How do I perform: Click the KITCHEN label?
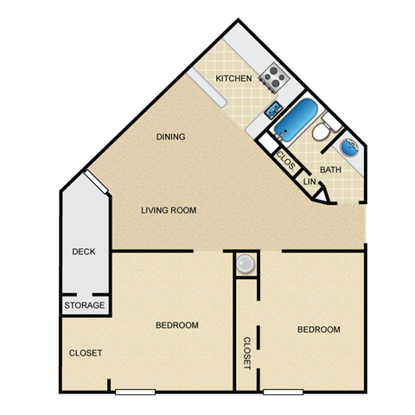click(x=233, y=79)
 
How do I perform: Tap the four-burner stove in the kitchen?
click(x=275, y=77)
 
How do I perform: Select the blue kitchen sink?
click(x=273, y=109)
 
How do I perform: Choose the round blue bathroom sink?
click(x=353, y=148)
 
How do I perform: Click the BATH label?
click(x=330, y=170)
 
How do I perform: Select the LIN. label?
click(x=309, y=182)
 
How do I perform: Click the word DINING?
click(x=170, y=137)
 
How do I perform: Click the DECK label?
click(x=84, y=252)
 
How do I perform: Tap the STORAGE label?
click(x=85, y=306)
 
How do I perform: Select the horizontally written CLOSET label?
click(x=86, y=353)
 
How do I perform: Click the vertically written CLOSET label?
click(x=247, y=353)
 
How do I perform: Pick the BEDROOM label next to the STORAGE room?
click(x=177, y=325)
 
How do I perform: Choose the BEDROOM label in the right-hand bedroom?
click(x=318, y=329)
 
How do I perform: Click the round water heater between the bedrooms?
click(x=246, y=264)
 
